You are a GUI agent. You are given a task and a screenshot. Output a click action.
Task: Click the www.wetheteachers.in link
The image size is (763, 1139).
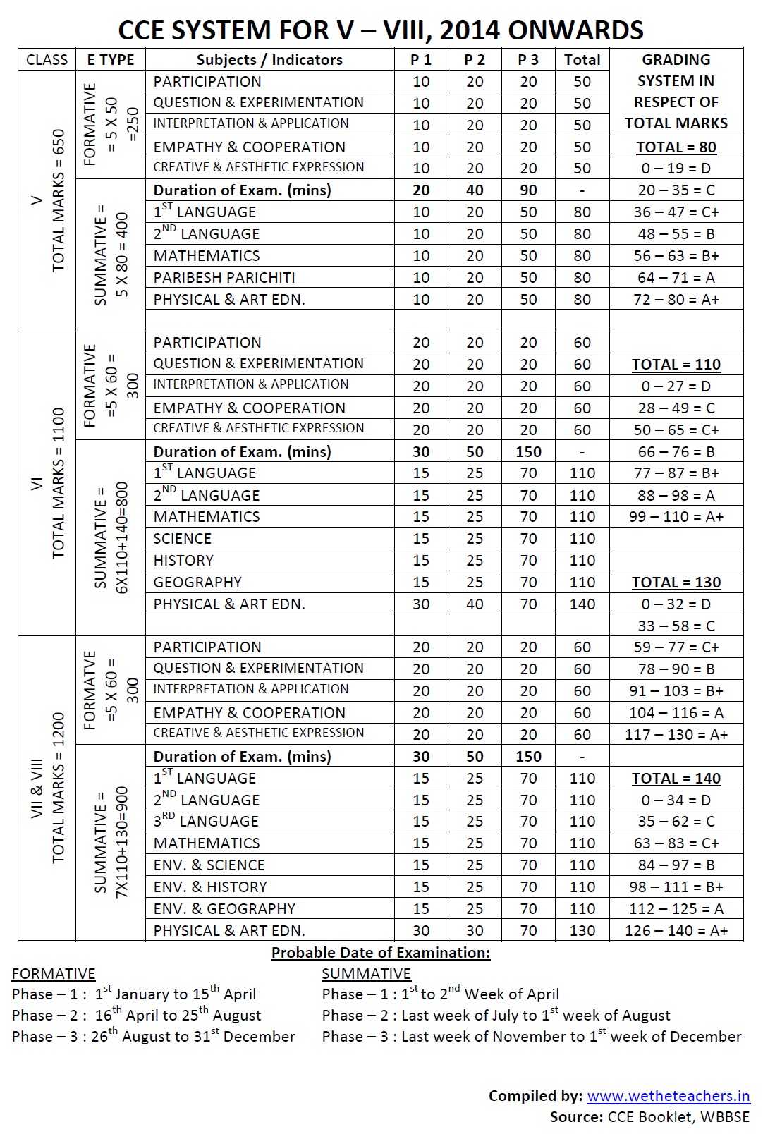[x=669, y=1096]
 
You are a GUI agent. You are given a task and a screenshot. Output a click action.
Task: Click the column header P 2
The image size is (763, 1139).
[x=475, y=60]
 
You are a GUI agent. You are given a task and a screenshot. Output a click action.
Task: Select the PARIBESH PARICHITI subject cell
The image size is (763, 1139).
[x=224, y=278]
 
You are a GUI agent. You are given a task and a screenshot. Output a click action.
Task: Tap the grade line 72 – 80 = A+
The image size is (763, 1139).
[x=676, y=300]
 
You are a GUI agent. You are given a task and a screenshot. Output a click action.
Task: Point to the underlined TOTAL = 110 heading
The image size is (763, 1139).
[x=676, y=365]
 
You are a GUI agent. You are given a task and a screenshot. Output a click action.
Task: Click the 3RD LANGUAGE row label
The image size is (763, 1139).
[x=206, y=822]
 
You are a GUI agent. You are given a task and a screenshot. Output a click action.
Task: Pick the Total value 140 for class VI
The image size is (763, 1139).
[x=582, y=604]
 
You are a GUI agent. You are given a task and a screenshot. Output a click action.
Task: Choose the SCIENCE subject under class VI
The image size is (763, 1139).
[x=183, y=539]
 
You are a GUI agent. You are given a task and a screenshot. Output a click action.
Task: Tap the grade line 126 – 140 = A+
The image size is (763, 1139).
[x=676, y=931]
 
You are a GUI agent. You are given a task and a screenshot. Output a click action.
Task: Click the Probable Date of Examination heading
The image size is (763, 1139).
[x=381, y=953]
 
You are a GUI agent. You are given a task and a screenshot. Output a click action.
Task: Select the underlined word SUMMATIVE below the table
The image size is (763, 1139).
[x=366, y=974]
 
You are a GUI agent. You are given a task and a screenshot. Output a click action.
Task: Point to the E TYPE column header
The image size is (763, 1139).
[x=111, y=60]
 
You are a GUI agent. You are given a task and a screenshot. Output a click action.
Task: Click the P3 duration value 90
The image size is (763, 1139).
[x=528, y=190]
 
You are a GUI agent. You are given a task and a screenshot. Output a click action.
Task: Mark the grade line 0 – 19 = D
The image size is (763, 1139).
[x=676, y=169]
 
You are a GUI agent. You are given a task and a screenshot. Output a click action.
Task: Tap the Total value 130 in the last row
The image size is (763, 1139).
[x=582, y=931]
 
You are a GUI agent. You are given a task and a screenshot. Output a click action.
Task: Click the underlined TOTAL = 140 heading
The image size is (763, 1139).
[x=676, y=779]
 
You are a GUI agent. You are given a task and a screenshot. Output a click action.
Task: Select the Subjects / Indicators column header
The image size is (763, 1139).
[x=269, y=60]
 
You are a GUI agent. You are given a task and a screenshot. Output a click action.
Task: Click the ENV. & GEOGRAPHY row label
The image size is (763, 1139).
[x=224, y=909]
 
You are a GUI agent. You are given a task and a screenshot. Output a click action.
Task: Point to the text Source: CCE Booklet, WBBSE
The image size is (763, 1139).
[x=649, y=1117]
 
